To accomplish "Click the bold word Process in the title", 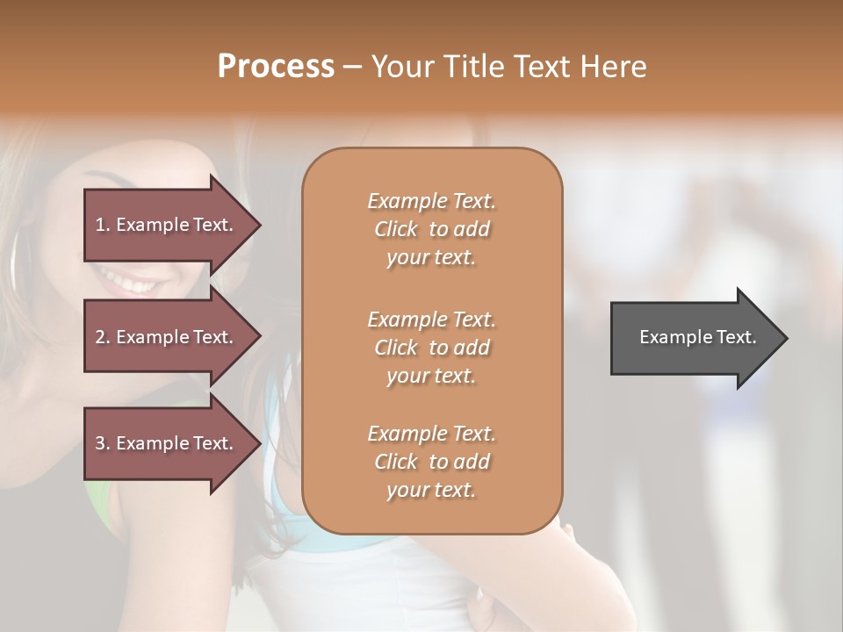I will [x=276, y=67].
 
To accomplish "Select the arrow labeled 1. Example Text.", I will [x=167, y=225].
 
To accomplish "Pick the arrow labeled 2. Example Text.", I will [x=167, y=337].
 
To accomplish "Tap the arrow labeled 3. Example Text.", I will [x=167, y=443].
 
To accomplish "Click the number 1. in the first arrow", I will [x=103, y=225].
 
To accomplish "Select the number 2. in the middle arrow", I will [x=103, y=337].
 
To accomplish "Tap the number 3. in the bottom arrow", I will [x=103, y=443].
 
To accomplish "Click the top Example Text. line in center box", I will [x=431, y=201].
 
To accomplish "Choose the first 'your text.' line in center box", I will [x=431, y=258].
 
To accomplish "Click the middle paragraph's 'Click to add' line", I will [x=431, y=348].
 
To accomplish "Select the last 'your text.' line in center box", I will [x=431, y=491].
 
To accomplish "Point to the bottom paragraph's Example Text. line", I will [x=431, y=434].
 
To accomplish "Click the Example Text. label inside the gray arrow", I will [x=697, y=337].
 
